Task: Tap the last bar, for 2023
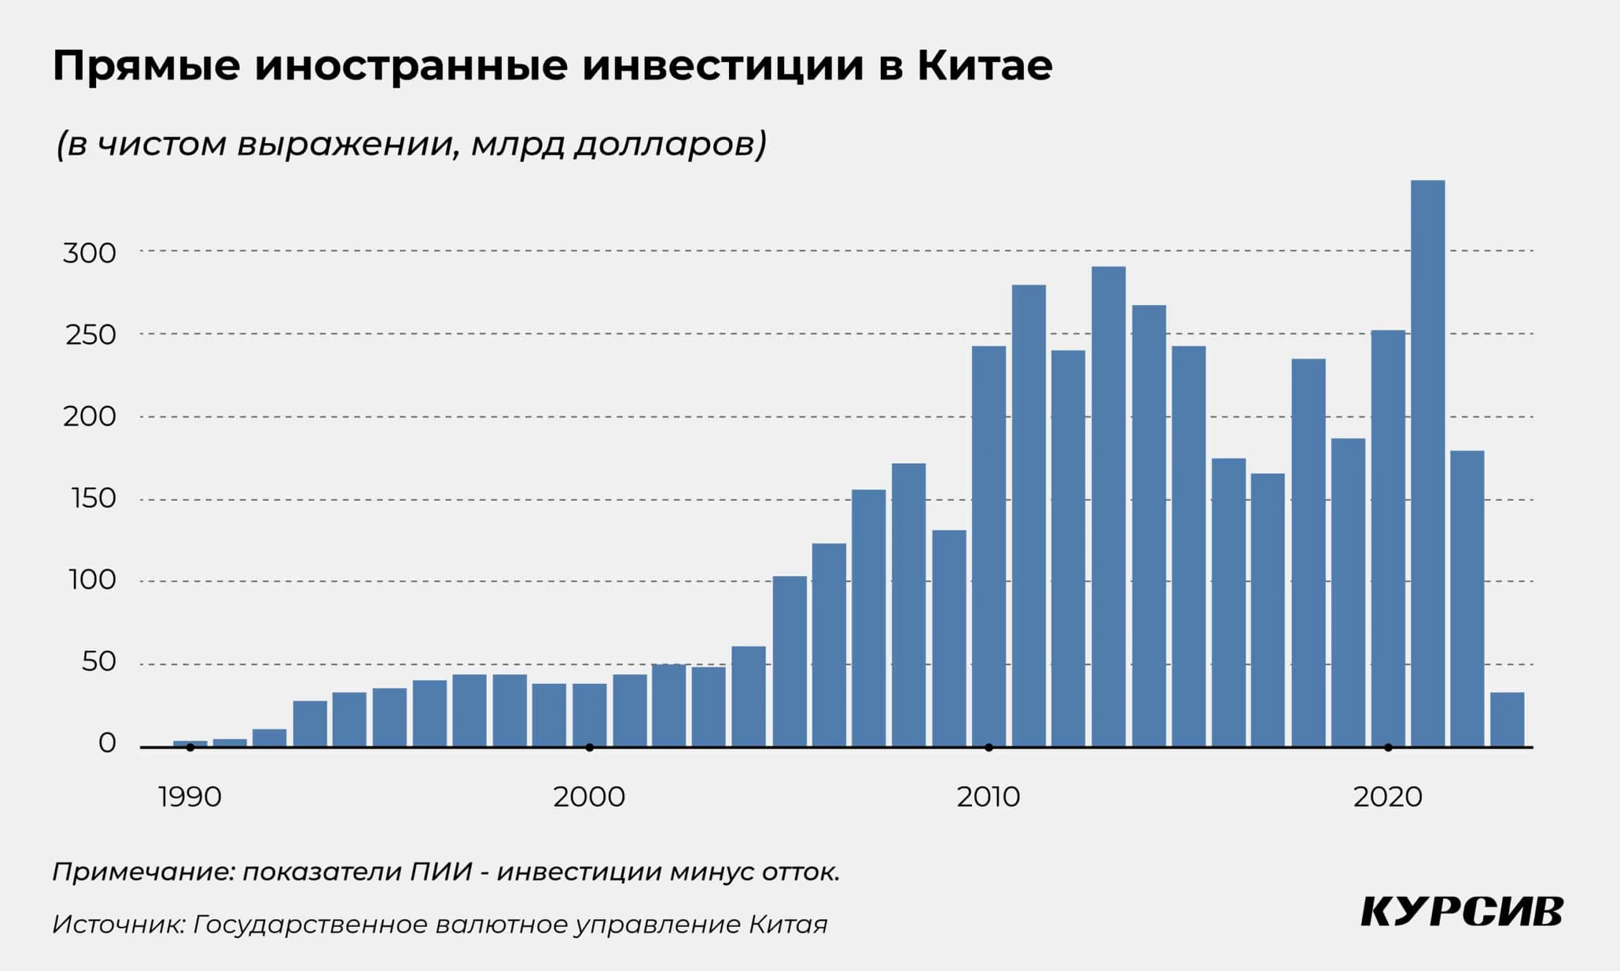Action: click(x=1507, y=719)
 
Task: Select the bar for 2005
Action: click(x=789, y=661)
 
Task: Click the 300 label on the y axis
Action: click(x=89, y=253)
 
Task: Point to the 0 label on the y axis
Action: click(x=107, y=743)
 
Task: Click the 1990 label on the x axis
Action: click(x=190, y=797)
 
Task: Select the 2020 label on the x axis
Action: click(x=1388, y=797)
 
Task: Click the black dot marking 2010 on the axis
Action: click(x=988, y=747)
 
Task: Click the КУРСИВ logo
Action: click(x=1462, y=912)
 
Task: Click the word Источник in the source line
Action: click(x=118, y=925)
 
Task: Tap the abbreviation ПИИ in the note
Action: click(x=440, y=872)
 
